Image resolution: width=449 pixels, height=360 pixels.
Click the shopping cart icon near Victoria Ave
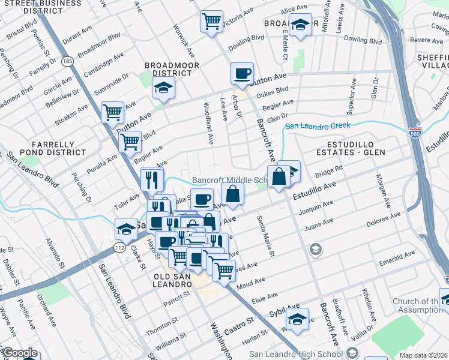[x=211, y=22]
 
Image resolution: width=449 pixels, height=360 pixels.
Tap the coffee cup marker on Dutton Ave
[x=242, y=74]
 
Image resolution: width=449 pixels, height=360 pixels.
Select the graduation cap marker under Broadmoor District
[x=163, y=88]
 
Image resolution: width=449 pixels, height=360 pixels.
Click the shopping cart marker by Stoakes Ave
[x=112, y=112]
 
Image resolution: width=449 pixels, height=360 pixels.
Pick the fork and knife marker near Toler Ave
[x=152, y=179]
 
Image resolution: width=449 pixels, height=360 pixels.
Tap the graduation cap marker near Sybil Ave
[x=297, y=320]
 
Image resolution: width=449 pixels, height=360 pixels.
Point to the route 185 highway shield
[x=67, y=61]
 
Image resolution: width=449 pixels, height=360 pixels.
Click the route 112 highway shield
[x=118, y=247]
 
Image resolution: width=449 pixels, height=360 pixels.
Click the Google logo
[x=19, y=353]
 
